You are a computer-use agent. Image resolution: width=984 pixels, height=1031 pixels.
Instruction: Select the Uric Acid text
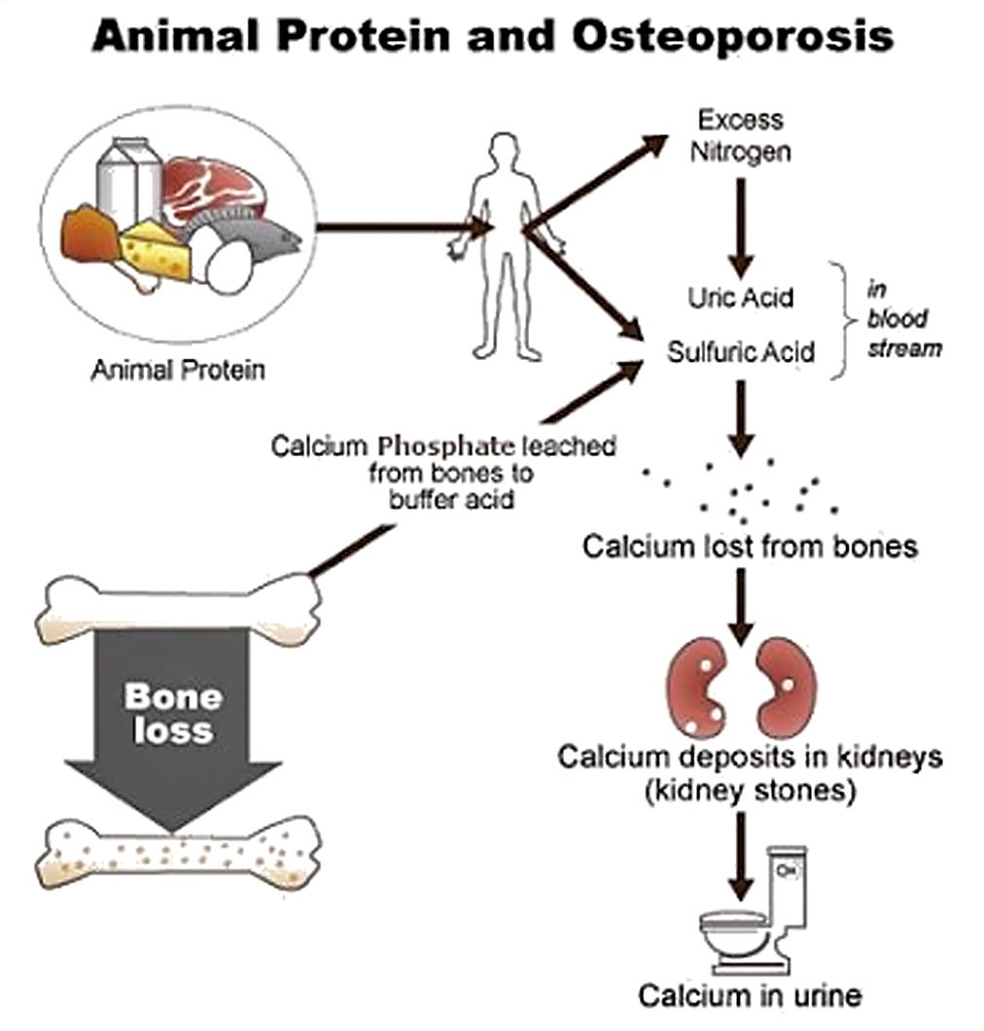pyautogui.click(x=741, y=298)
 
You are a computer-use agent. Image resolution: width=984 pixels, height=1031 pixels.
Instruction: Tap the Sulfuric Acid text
pyautogui.click(x=741, y=351)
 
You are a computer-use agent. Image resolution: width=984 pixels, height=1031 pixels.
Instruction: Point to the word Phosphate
pyautogui.click(x=447, y=447)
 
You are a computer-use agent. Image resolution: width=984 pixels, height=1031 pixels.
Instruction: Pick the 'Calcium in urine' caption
pyautogui.click(x=749, y=995)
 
